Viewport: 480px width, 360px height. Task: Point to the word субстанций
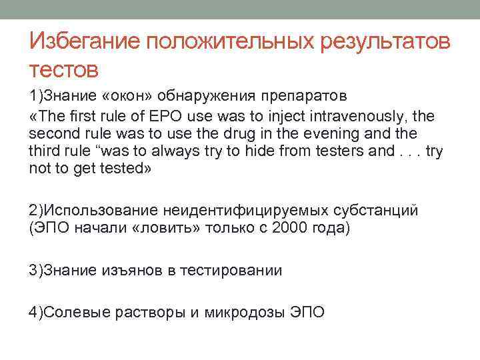point(380,211)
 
